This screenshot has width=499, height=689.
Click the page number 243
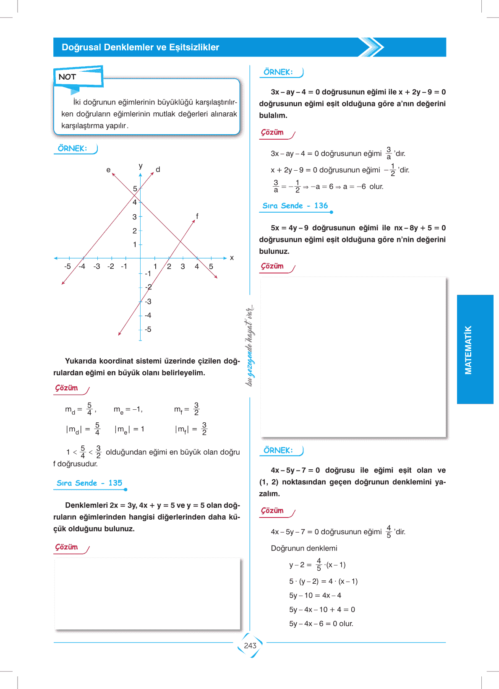point(250,645)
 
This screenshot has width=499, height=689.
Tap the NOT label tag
point(67,77)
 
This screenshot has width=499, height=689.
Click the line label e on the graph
point(108,170)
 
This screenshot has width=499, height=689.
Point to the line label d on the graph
point(158,169)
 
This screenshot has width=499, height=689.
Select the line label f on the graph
point(197,216)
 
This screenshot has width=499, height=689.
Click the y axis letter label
point(141,166)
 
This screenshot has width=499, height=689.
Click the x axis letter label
point(232,258)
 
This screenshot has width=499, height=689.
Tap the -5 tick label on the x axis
point(67,266)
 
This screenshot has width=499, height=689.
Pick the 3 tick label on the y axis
point(134,217)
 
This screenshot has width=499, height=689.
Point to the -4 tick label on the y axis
point(148,315)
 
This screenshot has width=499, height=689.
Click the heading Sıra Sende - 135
point(89,483)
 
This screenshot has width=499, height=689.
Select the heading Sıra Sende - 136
point(295,205)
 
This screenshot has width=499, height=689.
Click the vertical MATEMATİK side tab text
point(468,350)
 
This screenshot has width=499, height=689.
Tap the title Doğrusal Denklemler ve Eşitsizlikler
point(140,47)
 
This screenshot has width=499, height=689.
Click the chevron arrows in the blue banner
point(371,47)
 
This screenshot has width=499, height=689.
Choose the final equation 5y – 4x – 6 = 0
point(321,624)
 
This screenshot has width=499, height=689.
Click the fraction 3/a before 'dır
point(389,153)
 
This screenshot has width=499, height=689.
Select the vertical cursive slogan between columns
point(250,345)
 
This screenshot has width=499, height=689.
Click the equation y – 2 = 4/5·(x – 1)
point(317,565)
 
